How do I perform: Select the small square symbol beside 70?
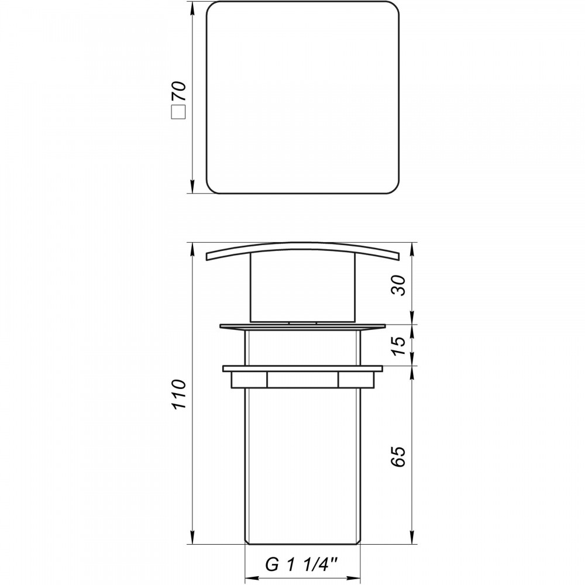[x=178, y=112]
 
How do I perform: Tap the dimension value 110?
[x=178, y=394]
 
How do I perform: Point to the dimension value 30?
[x=398, y=285]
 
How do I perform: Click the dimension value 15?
[x=398, y=346]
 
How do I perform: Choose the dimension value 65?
[x=398, y=456]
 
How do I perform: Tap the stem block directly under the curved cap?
[x=303, y=287]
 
